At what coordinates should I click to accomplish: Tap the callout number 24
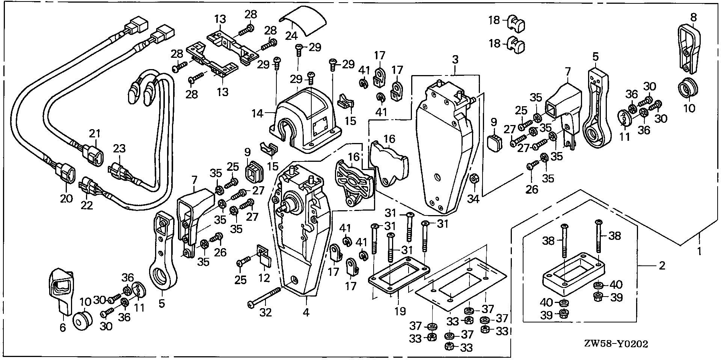291,36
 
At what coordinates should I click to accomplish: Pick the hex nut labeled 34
474,180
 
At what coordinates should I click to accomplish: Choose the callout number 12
264,278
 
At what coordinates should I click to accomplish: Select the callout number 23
119,149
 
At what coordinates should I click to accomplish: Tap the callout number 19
400,311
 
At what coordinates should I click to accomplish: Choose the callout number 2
662,266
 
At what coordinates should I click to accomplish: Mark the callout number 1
699,251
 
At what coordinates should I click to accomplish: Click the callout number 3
455,59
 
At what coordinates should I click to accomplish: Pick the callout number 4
306,312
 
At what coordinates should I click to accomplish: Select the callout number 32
265,312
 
